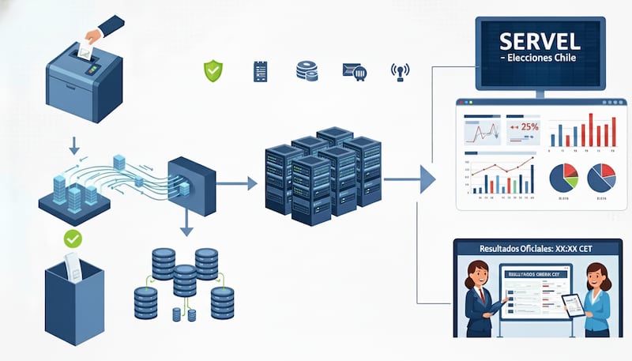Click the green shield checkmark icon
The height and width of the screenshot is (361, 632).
(x=213, y=71)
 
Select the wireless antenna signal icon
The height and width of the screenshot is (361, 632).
(x=401, y=73)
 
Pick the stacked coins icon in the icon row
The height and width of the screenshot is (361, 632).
(x=307, y=71)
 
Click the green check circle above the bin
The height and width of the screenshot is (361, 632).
(x=73, y=237)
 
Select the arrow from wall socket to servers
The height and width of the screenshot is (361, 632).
(x=237, y=184)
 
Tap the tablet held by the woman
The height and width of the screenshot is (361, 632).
(x=574, y=304)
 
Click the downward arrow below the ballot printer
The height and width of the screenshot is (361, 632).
(x=73, y=145)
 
